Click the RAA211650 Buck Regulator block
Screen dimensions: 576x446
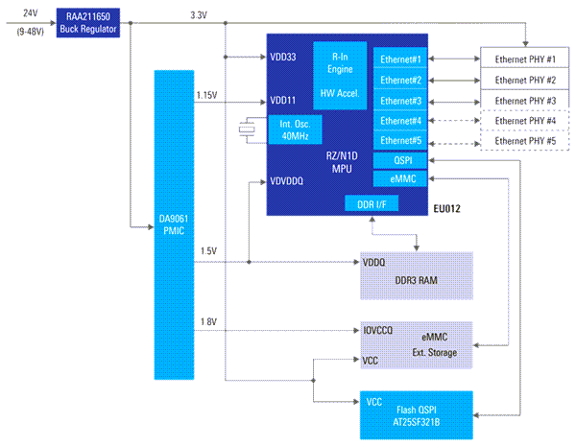coord(88,23)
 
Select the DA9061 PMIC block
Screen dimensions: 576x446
coord(174,224)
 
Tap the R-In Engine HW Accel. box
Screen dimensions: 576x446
coord(340,75)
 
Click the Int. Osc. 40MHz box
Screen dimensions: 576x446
coord(295,129)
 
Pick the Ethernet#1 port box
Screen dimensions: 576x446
coord(400,59)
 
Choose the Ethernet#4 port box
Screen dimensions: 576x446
coord(400,121)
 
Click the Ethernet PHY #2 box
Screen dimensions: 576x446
coord(525,80)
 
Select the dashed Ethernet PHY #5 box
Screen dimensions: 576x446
coord(525,141)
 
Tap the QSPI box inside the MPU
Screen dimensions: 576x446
coord(400,160)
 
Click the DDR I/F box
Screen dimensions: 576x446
coord(372,203)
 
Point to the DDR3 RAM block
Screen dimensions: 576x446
coord(417,275)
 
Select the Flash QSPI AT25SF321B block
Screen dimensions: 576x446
coord(417,415)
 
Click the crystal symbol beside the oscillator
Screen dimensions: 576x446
coord(247,129)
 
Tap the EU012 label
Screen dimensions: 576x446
coord(447,209)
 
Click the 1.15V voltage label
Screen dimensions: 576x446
coord(206,95)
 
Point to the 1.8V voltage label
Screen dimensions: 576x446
coord(208,321)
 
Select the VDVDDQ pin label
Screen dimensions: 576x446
coord(286,181)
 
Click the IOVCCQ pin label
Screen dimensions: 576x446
coord(378,330)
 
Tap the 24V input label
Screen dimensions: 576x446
coord(30,13)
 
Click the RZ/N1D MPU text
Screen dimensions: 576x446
coord(342,162)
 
